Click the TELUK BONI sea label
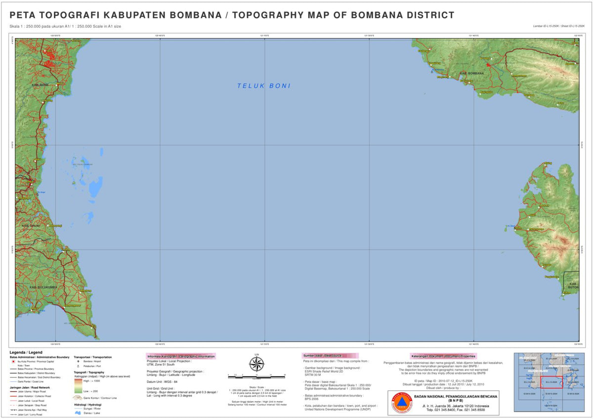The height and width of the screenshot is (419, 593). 264,86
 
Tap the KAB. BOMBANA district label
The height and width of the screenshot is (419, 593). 471,74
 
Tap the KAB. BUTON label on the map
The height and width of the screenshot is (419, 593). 573,285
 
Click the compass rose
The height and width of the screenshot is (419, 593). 256,365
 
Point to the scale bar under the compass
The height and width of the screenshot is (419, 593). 256,376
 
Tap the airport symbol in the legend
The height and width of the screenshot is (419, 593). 78,361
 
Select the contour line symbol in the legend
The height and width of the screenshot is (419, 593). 79,397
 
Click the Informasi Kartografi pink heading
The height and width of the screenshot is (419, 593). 181,356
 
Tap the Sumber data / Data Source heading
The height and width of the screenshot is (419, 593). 330,356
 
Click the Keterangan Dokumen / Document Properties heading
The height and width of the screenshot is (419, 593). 443,356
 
